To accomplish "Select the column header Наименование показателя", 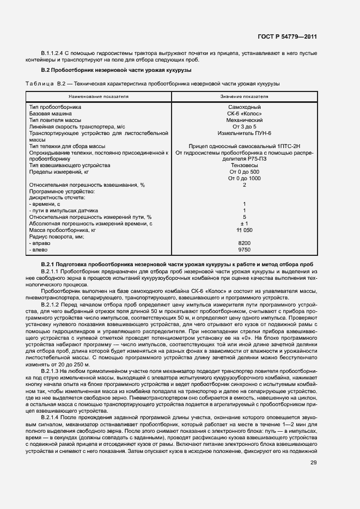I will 99,96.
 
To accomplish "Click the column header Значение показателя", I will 245,96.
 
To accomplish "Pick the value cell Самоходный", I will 245,107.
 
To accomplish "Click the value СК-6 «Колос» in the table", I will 245,113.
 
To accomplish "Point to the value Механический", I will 245,120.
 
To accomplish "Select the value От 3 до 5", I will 245,126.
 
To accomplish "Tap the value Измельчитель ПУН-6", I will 245,133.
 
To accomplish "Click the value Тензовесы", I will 245,165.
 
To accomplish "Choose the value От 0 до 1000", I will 245,178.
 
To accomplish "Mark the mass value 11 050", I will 245,230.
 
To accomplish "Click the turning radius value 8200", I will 245,243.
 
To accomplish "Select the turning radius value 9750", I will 245,249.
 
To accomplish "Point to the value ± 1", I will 245,224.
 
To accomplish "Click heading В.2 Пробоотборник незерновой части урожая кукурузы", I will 116,70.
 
